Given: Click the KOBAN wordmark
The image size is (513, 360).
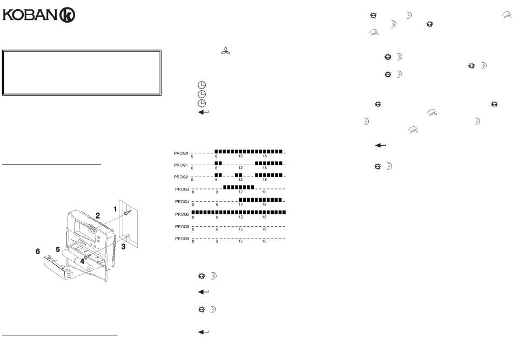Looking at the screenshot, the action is pos(30,15).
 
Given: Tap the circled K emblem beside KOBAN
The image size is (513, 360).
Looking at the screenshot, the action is pos(67,15).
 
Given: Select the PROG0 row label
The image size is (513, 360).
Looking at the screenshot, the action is pos(181,153).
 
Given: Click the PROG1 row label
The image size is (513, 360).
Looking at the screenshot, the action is pos(181,165).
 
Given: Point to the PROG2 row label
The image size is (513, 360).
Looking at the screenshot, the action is pos(181,177).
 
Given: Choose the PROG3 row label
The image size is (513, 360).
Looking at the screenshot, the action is pos(182,189).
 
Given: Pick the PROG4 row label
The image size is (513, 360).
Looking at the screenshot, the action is pos(182,202).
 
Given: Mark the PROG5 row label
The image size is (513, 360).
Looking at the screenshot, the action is pos(182,214).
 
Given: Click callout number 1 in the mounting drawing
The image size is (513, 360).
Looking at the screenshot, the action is pos(115,209).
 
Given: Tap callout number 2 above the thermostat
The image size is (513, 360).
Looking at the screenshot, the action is pos(98,215).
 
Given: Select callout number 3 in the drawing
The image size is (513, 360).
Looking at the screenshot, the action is pos(123,247).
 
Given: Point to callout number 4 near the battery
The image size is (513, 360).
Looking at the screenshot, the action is pos(82,262).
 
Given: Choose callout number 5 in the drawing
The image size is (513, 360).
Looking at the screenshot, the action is pos(58,249).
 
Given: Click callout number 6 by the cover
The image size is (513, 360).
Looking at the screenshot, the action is pos(38,252).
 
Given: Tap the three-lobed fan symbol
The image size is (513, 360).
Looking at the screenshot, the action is pos(225,51).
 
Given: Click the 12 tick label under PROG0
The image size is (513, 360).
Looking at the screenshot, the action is pos(240,156).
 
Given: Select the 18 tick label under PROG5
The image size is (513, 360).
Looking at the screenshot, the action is pos(265,217).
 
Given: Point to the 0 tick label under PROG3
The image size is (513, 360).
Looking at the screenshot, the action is pos(193,192).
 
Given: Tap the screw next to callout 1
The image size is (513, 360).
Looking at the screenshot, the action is pos(127,213).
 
